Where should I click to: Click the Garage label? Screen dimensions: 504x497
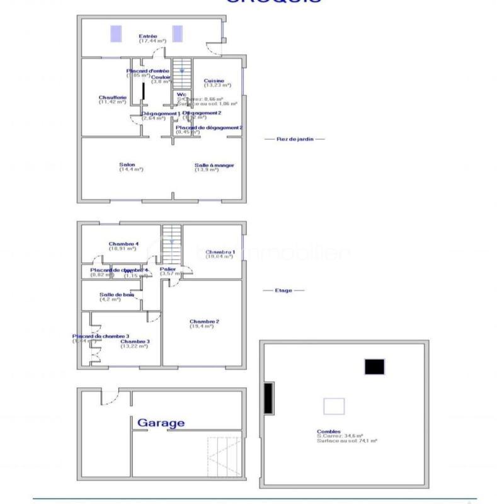[x=161, y=423]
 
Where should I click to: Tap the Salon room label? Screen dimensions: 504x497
[x=127, y=165]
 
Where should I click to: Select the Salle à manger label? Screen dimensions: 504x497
[x=214, y=165]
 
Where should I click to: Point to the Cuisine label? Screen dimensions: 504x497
[x=214, y=81]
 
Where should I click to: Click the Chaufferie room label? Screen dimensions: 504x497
[x=113, y=98]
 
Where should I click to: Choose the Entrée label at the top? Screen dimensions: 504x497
[x=147, y=37]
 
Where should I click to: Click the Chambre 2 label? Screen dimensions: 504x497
[x=204, y=322]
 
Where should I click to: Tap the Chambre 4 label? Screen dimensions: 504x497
[x=123, y=244]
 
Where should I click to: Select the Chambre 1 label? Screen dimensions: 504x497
[x=220, y=252]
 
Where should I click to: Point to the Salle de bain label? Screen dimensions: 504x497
[x=117, y=295]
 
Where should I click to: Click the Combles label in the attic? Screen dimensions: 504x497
[x=327, y=432]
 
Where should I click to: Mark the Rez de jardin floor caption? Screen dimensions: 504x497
[x=291, y=139]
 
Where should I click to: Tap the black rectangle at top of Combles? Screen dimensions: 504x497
[x=374, y=367]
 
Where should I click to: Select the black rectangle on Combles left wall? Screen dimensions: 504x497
[x=268, y=399]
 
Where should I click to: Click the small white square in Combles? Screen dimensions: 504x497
[x=334, y=406]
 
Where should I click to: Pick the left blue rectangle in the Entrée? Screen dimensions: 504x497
[x=116, y=34]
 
